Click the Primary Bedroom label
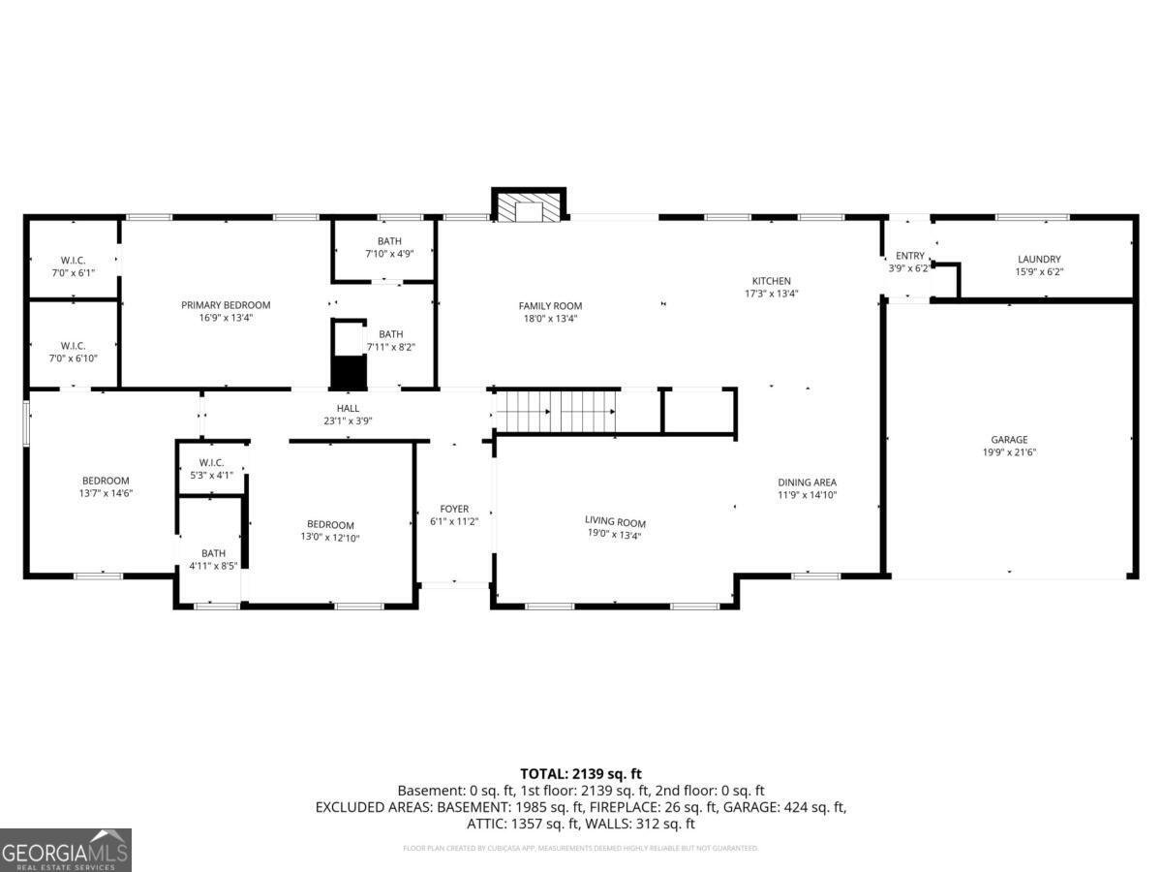coord(226,305)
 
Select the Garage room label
coord(1008,439)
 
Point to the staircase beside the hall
coord(557,411)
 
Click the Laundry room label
coord(1038,260)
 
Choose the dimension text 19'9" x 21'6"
coord(1008,452)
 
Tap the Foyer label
coord(454,509)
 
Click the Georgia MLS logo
coord(65,850)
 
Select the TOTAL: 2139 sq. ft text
coord(581,773)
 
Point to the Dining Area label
coord(807,483)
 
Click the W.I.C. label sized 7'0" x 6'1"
coord(73,261)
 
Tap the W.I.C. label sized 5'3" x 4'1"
coord(211,462)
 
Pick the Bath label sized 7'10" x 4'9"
coord(389,241)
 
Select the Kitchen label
coord(772,281)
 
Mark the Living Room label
coord(615,521)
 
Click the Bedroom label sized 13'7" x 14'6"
coord(106,481)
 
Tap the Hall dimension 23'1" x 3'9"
coord(348,421)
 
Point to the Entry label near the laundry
coord(909,256)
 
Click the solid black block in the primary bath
coord(350,371)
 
